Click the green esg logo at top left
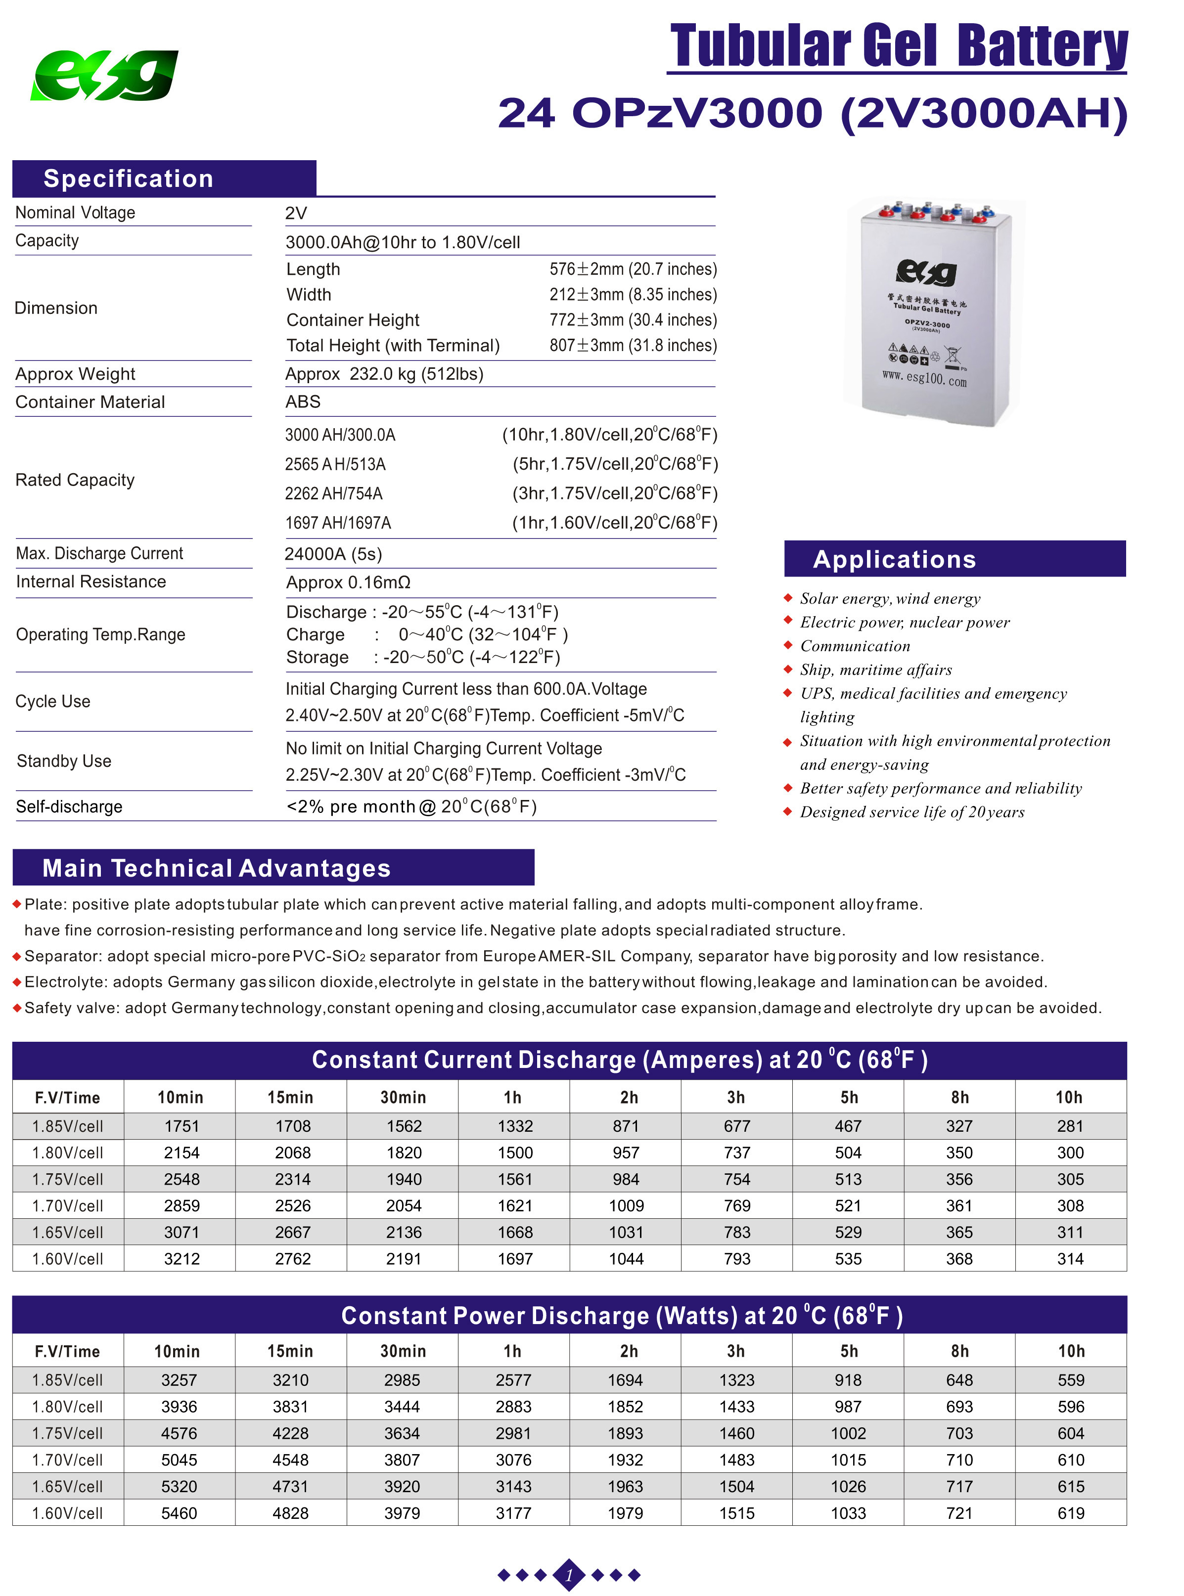104,75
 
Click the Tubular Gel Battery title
898,46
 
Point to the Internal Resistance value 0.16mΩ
348,582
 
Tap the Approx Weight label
75,374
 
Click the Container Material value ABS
303,402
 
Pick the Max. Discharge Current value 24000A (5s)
333,554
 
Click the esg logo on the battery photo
926,271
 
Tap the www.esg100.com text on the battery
924,378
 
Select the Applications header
895,560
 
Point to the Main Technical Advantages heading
217,868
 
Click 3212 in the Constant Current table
182,1259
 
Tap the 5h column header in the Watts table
849,1351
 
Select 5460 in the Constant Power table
179,1513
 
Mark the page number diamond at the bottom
569,1575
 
